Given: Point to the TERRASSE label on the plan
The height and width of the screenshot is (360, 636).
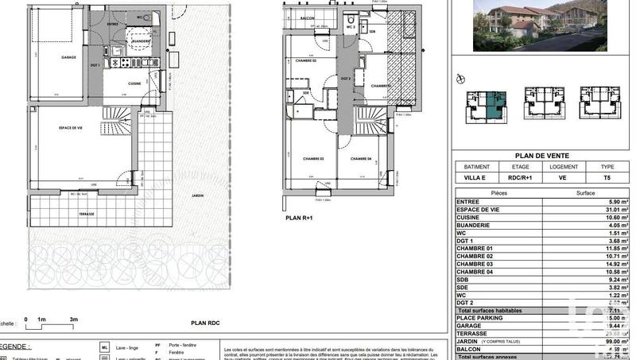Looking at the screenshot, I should coord(87,214).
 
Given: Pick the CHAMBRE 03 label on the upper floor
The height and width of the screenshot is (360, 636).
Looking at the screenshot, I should coord(312,159).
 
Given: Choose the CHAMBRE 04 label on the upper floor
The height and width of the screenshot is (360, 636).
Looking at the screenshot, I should coord(363,159).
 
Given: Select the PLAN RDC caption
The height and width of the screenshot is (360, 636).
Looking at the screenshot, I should coord(205,323).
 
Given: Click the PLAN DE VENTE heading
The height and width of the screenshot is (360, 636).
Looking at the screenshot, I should coord(541,156).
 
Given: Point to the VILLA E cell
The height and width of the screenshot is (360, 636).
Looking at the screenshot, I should coord(474,179).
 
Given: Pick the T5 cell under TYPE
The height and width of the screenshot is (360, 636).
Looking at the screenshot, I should coord(607,179).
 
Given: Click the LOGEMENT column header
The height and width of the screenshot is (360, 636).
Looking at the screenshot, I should coord(563,168).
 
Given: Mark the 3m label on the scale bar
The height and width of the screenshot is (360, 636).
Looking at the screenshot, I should coord(73,319).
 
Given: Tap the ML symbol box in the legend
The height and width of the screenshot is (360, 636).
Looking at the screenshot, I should coord(105,347).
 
